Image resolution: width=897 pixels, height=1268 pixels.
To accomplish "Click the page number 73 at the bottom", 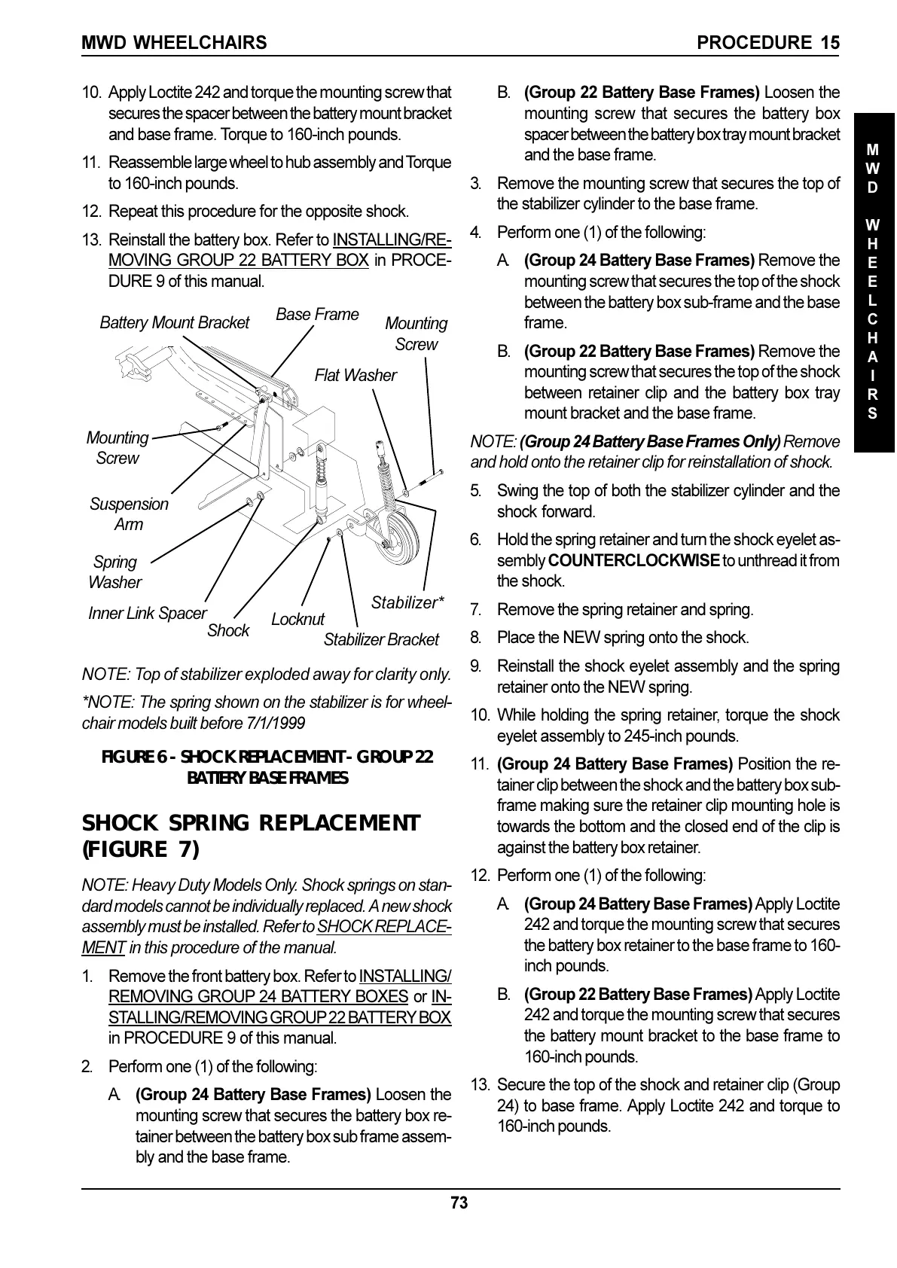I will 459,1203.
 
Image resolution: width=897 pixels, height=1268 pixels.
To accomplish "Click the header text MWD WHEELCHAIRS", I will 174,43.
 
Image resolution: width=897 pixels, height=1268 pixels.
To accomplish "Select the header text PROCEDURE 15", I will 768,43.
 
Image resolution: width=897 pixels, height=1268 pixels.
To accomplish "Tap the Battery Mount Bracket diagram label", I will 174,323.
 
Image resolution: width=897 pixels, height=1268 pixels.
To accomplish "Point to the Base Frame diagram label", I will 317,315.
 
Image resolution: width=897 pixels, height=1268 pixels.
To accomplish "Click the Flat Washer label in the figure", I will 355,375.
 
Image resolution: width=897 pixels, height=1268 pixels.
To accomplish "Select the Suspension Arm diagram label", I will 129,514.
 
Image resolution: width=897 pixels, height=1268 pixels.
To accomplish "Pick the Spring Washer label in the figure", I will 114,572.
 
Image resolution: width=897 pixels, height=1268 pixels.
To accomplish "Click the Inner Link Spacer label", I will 147,614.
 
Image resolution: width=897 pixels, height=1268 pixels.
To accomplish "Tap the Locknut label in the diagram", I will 297,619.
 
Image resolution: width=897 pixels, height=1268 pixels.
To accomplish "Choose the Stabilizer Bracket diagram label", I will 381,640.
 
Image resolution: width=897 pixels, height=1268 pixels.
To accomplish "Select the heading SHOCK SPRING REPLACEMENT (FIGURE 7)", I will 251,836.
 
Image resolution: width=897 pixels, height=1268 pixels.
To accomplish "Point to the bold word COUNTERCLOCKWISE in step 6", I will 633,561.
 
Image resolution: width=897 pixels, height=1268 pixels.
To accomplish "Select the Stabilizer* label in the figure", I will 407,602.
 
